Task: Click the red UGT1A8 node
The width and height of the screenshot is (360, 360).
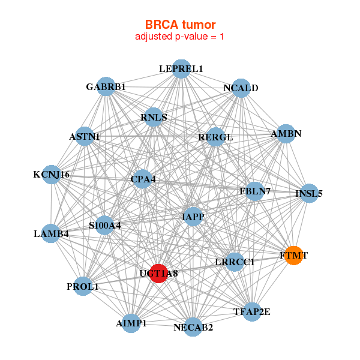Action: tap(158, 273)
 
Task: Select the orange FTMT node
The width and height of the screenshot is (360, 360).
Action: tap(293, 255)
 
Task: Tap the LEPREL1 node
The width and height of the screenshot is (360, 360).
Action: tap(181, 69)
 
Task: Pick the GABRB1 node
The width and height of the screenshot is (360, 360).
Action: tap(106, 86)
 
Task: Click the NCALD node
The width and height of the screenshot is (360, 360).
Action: tap(241, 88)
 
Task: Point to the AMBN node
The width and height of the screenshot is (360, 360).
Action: tap(286, 133)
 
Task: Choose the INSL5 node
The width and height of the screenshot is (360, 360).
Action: tap(309, 193)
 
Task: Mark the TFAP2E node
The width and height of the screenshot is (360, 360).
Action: tap(252, 311)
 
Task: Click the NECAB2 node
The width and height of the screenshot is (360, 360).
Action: tap(193, 327)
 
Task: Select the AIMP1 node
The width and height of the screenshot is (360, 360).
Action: tap(131, 323)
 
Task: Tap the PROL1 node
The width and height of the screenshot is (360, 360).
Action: tap(83, 286)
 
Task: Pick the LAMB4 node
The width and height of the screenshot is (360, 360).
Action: tap(51, 233)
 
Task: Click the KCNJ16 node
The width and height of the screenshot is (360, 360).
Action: tap(52, 175)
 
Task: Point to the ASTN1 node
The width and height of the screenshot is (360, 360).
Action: tap(85, 136)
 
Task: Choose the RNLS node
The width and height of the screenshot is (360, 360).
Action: tap(154, 117)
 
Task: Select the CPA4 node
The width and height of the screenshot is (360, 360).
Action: tap(143, 178)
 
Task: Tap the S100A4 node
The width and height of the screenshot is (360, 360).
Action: tap(105, 226)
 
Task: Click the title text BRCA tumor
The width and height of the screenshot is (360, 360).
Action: tap(180, 25)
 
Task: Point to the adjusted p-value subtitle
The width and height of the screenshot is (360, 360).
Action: tap(180, 37)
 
